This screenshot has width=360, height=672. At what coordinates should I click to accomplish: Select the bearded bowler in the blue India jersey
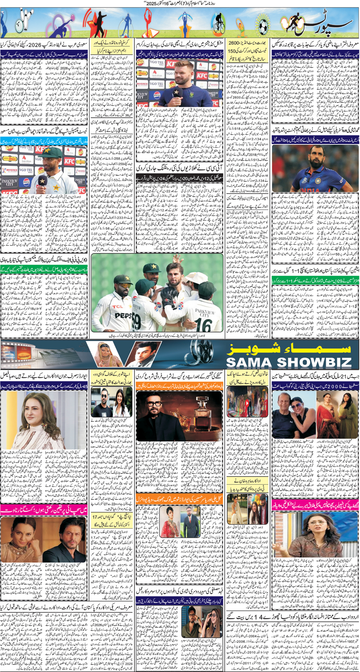315,165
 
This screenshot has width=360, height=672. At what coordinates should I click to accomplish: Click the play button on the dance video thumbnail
247,404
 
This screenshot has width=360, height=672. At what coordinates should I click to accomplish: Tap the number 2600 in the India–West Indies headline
237,43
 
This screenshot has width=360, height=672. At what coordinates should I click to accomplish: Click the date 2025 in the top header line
156,3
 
